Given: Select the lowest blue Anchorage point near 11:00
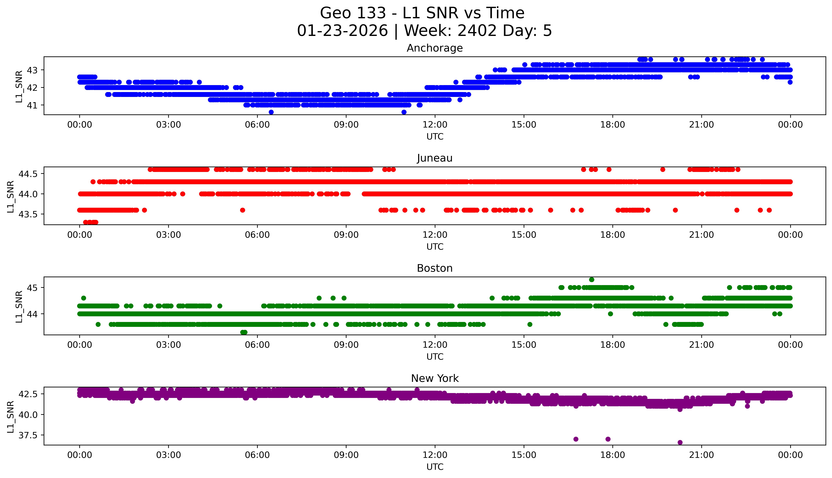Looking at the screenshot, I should pos(404,112).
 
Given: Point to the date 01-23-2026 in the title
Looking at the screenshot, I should pos(342,31).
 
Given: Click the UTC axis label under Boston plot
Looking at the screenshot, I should pos(435,356).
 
